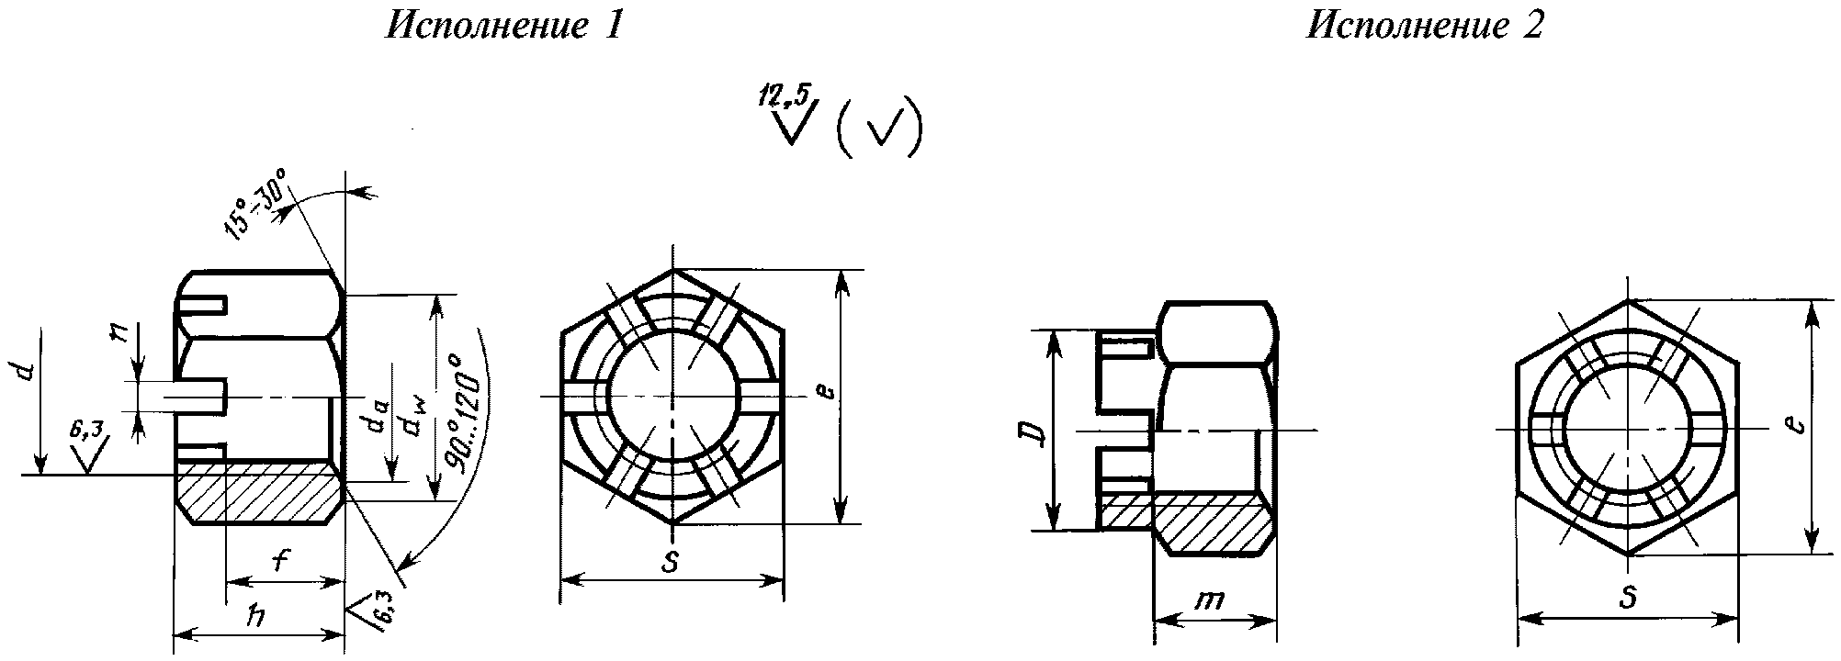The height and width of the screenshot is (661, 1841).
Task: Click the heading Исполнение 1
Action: point(504,26)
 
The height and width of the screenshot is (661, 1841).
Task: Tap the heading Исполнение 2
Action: point(1425,26)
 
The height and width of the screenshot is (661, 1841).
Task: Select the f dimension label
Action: point(284,560)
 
